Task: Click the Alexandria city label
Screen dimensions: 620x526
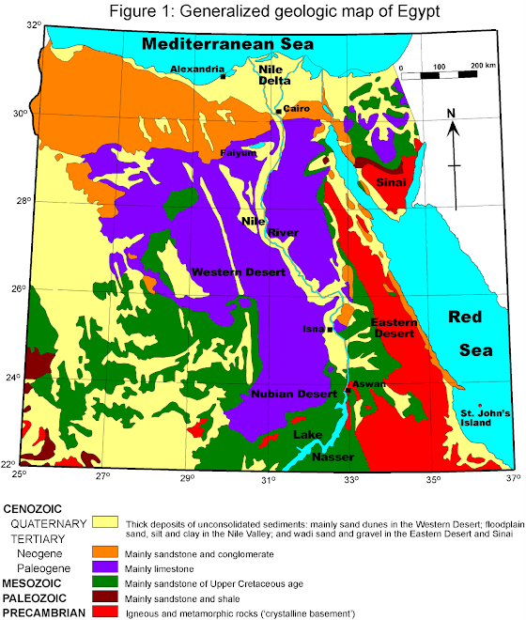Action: pos(197,69)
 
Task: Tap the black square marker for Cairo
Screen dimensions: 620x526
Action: pos(278,112)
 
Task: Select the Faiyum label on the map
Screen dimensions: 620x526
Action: pos(239,153)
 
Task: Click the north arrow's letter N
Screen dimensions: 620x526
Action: pos(452,114)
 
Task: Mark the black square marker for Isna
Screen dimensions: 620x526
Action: pos(331,329)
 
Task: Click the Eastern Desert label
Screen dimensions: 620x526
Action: pos(392,328)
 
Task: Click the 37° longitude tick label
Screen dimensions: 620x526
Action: pos(511,480)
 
